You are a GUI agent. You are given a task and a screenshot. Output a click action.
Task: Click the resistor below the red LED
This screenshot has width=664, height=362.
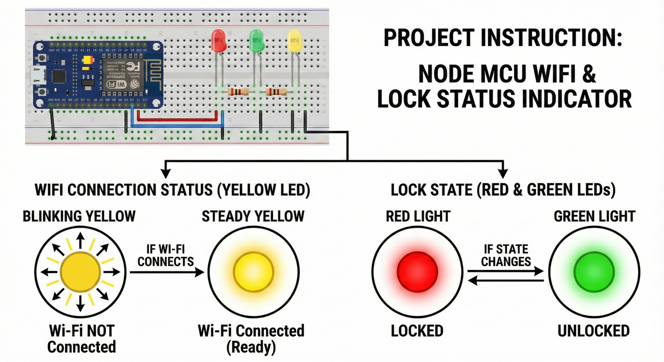click(x=239, y=92)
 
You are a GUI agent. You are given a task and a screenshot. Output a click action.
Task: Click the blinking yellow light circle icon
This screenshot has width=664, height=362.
click(x=80, y=272)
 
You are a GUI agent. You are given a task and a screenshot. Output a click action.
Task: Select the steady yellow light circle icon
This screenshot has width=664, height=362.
click(x=253, y=272)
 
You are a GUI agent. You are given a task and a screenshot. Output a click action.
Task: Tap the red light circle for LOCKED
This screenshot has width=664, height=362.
click(x=417, y=272)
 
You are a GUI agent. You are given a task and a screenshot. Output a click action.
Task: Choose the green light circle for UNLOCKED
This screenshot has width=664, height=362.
click(x=594, y=272)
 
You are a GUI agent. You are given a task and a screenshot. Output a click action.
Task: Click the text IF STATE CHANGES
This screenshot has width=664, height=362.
click(x=506, y=255)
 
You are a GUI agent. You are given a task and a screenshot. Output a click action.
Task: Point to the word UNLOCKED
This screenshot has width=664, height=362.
click(x=593, y=331)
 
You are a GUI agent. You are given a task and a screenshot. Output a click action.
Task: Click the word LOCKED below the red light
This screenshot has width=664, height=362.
click(x=417, y=331)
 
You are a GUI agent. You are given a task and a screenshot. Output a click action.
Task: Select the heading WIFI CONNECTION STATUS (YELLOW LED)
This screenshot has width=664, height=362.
click(x=172, y=190)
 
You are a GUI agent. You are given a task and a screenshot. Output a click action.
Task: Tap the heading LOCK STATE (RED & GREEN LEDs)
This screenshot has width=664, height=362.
click(x=503, y=190)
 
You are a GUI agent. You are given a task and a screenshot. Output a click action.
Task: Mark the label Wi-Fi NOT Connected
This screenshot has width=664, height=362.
click(x=82, y=339)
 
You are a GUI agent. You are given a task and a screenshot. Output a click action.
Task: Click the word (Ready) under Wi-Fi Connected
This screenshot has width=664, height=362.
click(x=251, y=347)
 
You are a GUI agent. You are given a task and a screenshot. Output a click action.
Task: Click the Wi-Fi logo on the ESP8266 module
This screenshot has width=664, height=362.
click(x=117, y=84)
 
